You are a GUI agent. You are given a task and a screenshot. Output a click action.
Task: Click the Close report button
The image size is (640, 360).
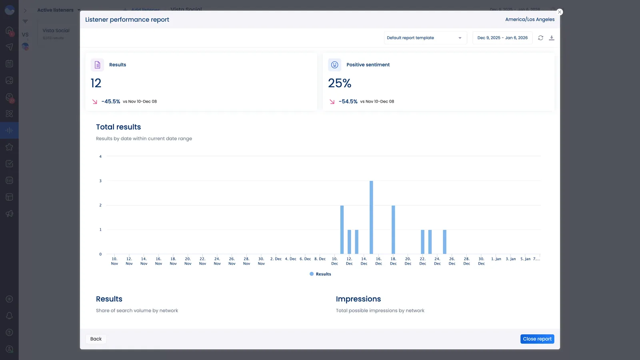click(x=537, y=339)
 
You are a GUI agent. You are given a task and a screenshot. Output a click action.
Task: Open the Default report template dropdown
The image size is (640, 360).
click(x=425, y=38)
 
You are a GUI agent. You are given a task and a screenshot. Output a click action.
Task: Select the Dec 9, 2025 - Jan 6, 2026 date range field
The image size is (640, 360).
click(x=502, y=38)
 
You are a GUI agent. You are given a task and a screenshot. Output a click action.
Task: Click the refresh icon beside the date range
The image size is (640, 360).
click(x=540, y=38)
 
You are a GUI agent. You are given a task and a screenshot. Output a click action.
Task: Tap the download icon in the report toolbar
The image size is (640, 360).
click(x=552, y=38)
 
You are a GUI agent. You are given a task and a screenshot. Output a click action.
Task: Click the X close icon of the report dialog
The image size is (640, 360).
click(x=560, y=12)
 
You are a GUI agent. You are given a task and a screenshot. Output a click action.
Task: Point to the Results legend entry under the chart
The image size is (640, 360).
click(x=320, y=274)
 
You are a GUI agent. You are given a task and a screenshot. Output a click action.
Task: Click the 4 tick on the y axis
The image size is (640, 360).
click(x=100, y=156)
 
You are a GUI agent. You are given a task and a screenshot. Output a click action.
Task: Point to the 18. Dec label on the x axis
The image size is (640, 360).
click(x=393, y=261)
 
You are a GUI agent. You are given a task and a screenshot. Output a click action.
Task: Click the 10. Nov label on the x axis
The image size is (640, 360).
click(x=114, y=261)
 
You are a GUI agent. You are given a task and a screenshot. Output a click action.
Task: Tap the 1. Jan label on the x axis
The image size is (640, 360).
click(x=496, y=259)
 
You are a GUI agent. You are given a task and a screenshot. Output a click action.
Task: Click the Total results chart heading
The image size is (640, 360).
click(x=118, y=127)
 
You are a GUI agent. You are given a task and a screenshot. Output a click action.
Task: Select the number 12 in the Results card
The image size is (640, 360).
click(x=96, y=83)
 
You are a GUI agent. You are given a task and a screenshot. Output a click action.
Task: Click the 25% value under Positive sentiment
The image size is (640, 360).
click(x=340, y=83)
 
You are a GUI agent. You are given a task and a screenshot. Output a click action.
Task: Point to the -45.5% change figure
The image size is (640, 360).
click(x=111, y=102)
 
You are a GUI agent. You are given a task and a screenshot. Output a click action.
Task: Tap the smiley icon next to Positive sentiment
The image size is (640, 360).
click(x=335, y=65)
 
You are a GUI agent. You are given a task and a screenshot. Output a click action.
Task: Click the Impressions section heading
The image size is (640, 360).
click(x=358, y=299)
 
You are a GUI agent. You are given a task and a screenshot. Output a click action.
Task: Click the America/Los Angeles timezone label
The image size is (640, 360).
click(x=530, y=19)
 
